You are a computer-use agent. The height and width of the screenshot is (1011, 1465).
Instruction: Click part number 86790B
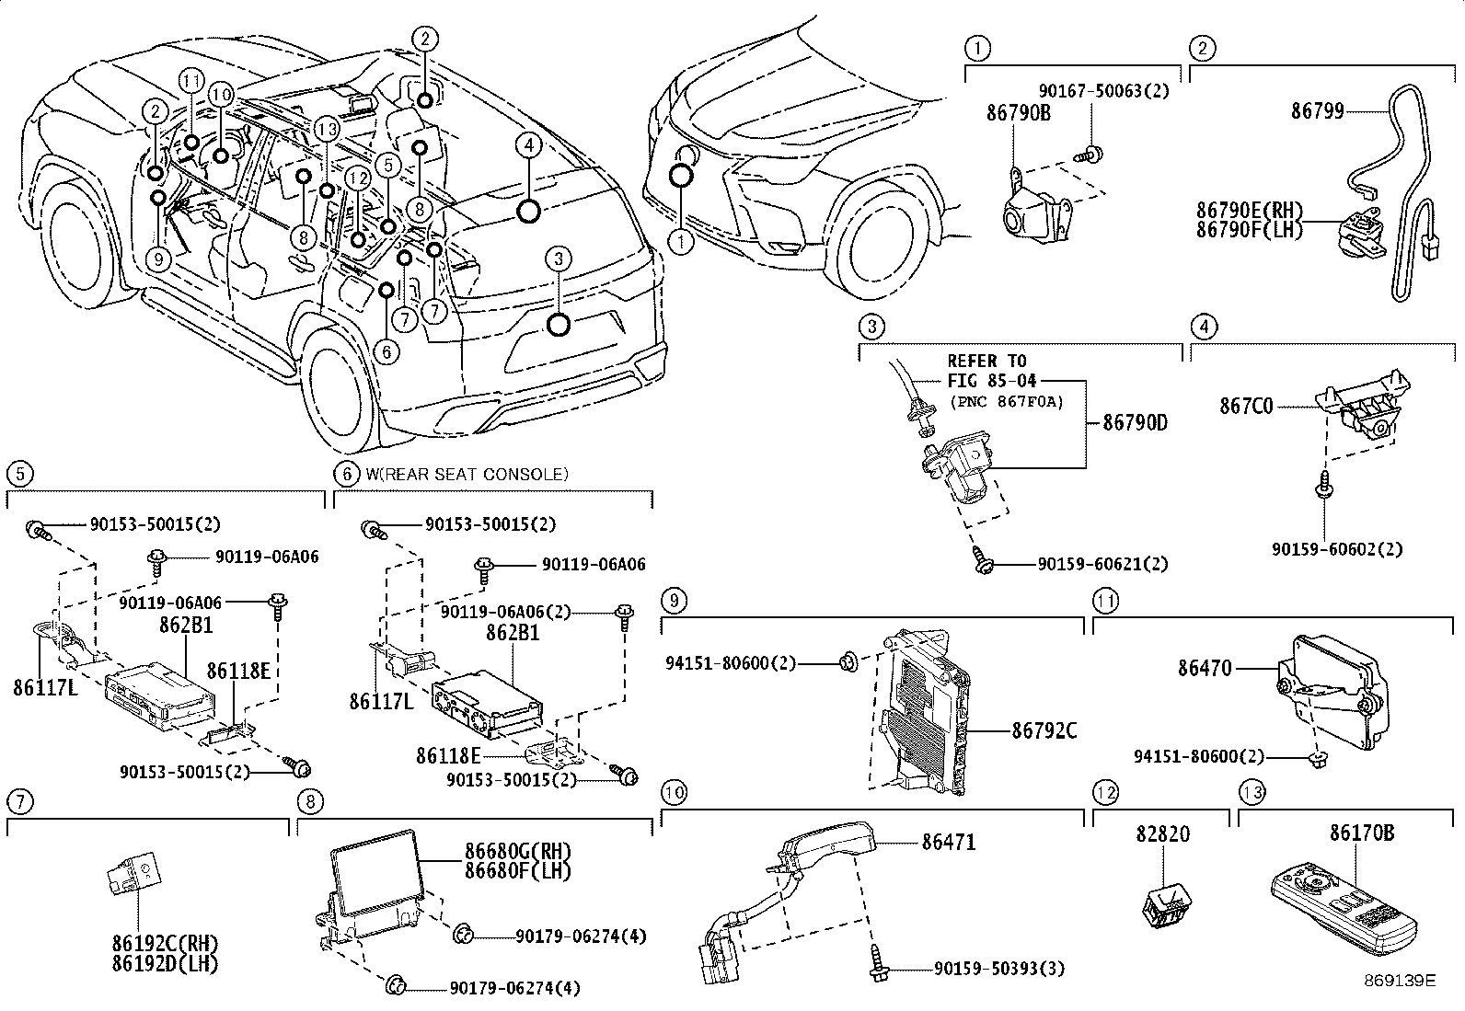pyautogui.click(x=1018, y=114)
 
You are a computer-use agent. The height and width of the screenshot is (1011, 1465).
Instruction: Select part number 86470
pyautogui.click(x=1205, y=669)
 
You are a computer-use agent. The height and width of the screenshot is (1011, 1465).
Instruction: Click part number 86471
pyautogui.click(x=949, y=841)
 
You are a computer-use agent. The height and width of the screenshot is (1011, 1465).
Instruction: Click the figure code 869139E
pyautogui.click(x=1400, y=980)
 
